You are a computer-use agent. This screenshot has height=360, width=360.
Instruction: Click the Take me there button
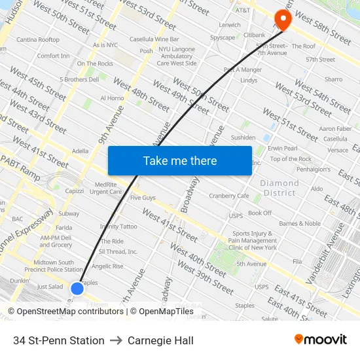pyautogui.click(x=179, y=160)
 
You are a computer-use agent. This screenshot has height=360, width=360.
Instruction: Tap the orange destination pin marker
pyautogui.click(x=283, y=18)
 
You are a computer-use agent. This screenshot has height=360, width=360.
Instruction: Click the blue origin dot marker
pyautogui.click(x=77, y=288)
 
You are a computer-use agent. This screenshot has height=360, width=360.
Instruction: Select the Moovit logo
pyautogui.click(x=321, y=340)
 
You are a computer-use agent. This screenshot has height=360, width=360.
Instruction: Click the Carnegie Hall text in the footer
pyautogui.click(x=160, y=340)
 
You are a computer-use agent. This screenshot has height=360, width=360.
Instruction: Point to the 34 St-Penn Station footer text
pyautogui.click(x=59, y=340)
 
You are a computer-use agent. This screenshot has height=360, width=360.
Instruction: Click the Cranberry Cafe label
pyautogui.click(x=228, y=196)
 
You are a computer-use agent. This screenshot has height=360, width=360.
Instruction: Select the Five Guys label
pyautogui.click(x=143, y=197)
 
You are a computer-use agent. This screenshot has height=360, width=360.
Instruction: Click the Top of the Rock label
pyautogui.click(x=291, y=159)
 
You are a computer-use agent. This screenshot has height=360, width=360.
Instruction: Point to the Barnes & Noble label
pyautogui.click(x=300, y=223)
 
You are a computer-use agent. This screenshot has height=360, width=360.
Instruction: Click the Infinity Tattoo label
pyautogui.click(x=118, y=226)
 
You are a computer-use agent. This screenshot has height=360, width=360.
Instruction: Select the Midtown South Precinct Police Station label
pyautogui.click(x=58, y=265)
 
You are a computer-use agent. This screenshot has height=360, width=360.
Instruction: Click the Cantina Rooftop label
pyautogui.click(x=38, y=40)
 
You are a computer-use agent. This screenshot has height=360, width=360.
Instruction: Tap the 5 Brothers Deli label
pyautogui.click(x=79, y=79)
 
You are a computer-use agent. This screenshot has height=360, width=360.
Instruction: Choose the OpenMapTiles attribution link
pyautogui.click(x=166, y=312)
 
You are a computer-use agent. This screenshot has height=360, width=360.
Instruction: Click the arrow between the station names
pyautogui.click(x=116, y=340)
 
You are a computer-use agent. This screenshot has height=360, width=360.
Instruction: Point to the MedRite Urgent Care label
pyautogui.click(x=105, y=188)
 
